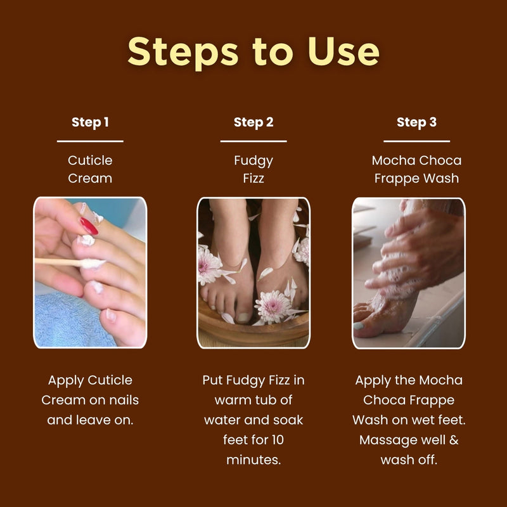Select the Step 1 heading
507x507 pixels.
[90, 122]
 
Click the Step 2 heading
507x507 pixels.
[253, 122]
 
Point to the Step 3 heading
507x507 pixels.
[416, 122]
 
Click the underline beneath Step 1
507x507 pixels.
[90, 141]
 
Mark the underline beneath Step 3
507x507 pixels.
[416, 141]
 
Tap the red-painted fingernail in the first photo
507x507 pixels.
[89, 226]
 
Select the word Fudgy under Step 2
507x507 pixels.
[253, 160]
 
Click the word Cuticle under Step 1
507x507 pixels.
[90, 160]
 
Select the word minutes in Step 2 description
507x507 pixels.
[253, 459]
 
